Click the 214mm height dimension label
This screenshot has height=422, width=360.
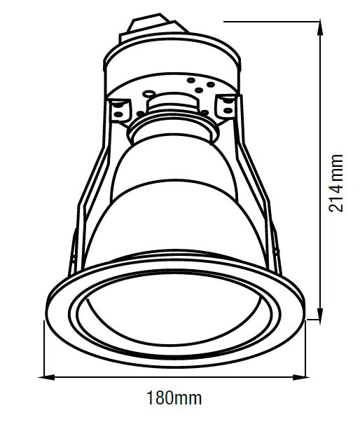[x=338, y=183]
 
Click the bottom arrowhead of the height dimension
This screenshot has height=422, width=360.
[x=321, y=317]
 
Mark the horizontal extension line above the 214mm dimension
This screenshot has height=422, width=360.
[x=273, y=20]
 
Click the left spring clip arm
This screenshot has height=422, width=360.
[x=88, y=203]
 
